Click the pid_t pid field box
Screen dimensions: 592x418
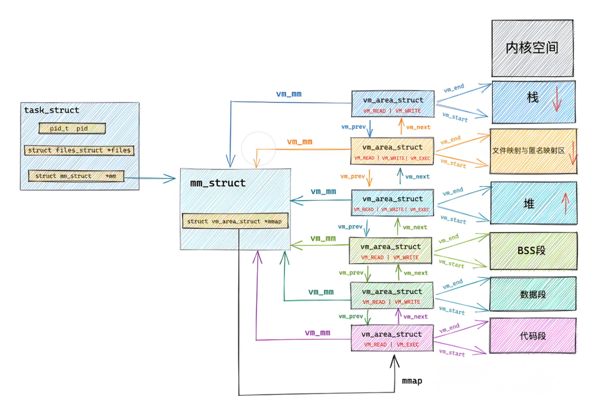72,128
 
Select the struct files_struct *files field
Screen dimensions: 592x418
79,150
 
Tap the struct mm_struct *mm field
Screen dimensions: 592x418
76,176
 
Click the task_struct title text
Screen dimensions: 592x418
52,110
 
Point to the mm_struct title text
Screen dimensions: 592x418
218,183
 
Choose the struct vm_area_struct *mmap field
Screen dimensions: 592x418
235,221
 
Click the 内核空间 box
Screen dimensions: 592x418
532,48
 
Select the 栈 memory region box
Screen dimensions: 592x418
533,102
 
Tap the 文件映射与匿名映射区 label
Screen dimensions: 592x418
528,151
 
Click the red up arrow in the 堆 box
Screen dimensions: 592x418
565,203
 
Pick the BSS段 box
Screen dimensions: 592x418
533,251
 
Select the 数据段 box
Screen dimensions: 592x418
533,294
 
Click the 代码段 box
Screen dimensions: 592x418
533,335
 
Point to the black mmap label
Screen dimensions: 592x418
412,381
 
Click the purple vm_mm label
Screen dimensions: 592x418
318,332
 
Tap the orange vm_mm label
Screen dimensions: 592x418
300,142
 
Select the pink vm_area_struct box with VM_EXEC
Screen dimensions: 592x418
392,338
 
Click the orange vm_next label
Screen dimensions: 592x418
418,127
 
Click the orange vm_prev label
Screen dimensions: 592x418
352,177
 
